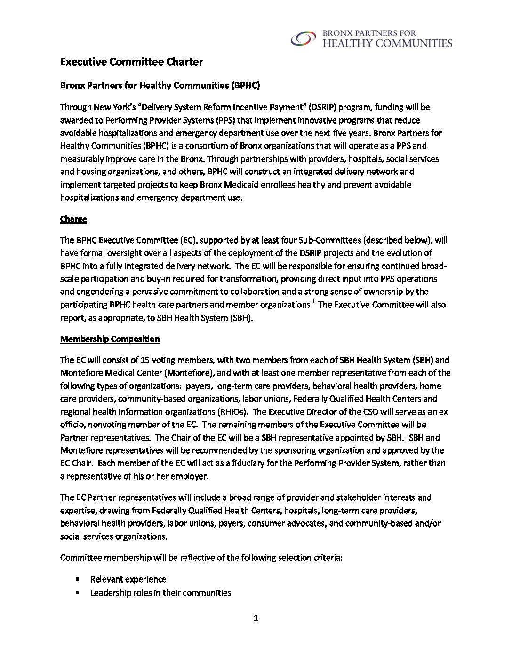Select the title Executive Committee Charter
(x=132, y=62)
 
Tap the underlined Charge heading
(x=73, y=219)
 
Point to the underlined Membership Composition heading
(x=110, y=339)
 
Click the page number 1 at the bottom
(x=256, y=618)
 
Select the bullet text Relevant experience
(x=128, y=579)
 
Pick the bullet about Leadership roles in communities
(x=160, y=592)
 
